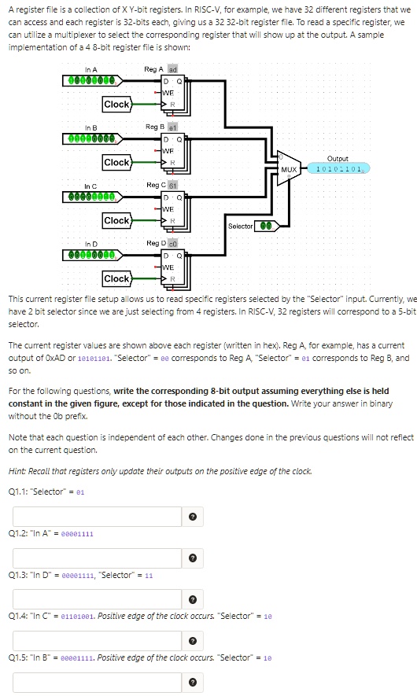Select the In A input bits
91,80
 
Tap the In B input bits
91,138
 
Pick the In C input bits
91,196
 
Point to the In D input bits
91,254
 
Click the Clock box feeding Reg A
116,104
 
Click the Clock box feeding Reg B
116,162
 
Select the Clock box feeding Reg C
116,220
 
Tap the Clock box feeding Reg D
116,278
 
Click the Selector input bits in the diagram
268,226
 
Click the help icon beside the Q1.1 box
193,516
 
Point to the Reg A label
153,69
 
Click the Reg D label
155,243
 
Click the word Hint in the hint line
17,470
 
